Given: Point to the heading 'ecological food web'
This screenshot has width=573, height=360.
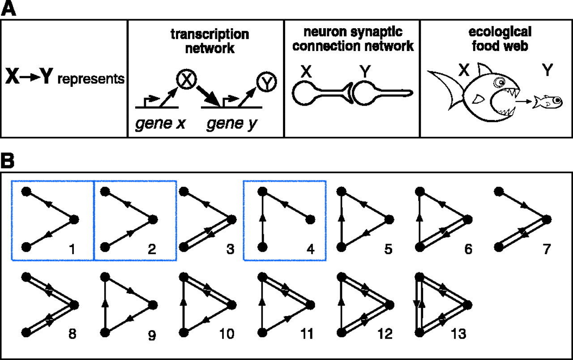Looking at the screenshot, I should click(499, 39).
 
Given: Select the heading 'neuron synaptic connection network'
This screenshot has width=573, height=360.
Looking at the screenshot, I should click(352, 39).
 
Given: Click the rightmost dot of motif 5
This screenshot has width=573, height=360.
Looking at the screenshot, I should click(388, 219).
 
